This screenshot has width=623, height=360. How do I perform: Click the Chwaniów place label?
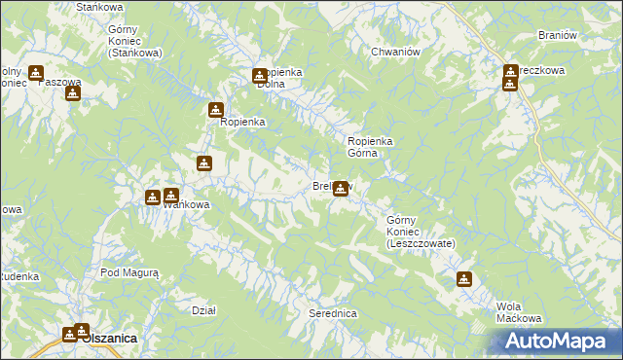pyautogui.click(x=395, y=52)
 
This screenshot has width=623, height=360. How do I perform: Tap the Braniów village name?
pyautogui.click(x=559, y=35)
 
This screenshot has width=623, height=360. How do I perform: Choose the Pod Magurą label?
pyautogui.click(x=128, y=273)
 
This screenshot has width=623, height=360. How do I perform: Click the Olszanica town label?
pyautogui.click(x=109, y=337)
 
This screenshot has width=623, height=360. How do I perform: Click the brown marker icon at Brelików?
pyautogui.click(x=341, y=188)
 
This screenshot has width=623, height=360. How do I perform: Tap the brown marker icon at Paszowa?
pyautogui.click(x=72, y=93)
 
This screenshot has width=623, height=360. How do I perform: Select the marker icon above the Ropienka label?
pyautogui.click(x=216, y=111)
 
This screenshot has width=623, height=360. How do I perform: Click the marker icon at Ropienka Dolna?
pyautogui.click(x=260, y=76)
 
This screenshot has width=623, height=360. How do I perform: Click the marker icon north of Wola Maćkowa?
pyautogui.click(x=464, y=279)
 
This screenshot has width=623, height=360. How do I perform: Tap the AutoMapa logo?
pyautogui.click(x=555, y=341)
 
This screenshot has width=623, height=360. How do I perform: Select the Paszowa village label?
pyautogui.click(x=58, y=82)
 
